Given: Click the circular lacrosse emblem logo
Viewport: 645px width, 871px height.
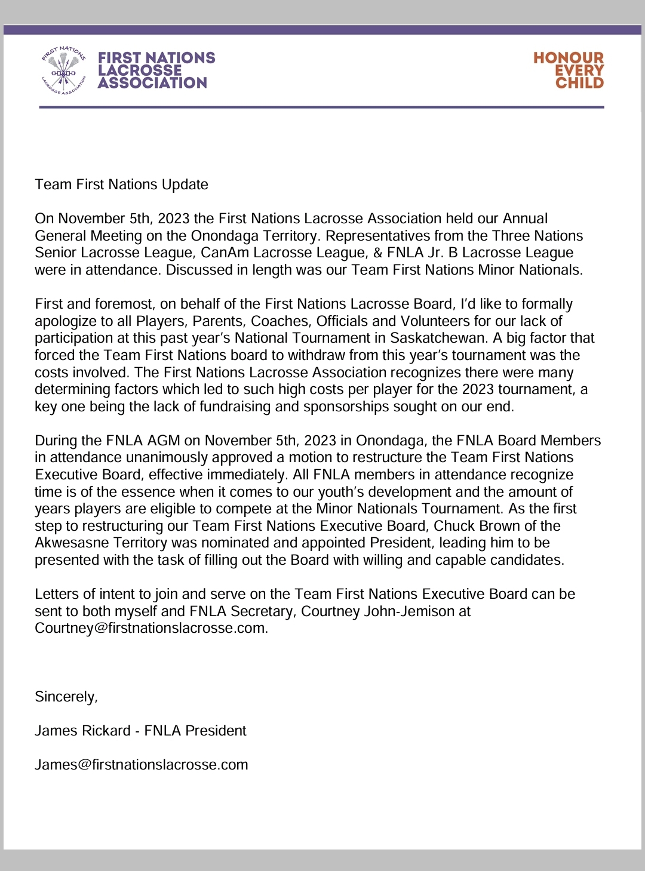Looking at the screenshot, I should [63, 70].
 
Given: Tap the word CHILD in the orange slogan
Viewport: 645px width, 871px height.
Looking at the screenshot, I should [579, 83].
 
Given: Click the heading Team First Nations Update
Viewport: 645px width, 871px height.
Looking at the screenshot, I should [121, 184].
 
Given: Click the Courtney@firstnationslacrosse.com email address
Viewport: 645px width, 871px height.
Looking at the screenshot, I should [150, 628].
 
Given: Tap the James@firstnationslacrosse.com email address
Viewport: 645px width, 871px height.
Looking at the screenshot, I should [141, 765].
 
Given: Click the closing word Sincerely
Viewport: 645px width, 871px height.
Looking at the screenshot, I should [65, 697].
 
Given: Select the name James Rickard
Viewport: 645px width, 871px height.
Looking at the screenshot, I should [82, 731].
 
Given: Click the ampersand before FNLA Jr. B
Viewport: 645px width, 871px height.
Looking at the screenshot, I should [378, 253].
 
